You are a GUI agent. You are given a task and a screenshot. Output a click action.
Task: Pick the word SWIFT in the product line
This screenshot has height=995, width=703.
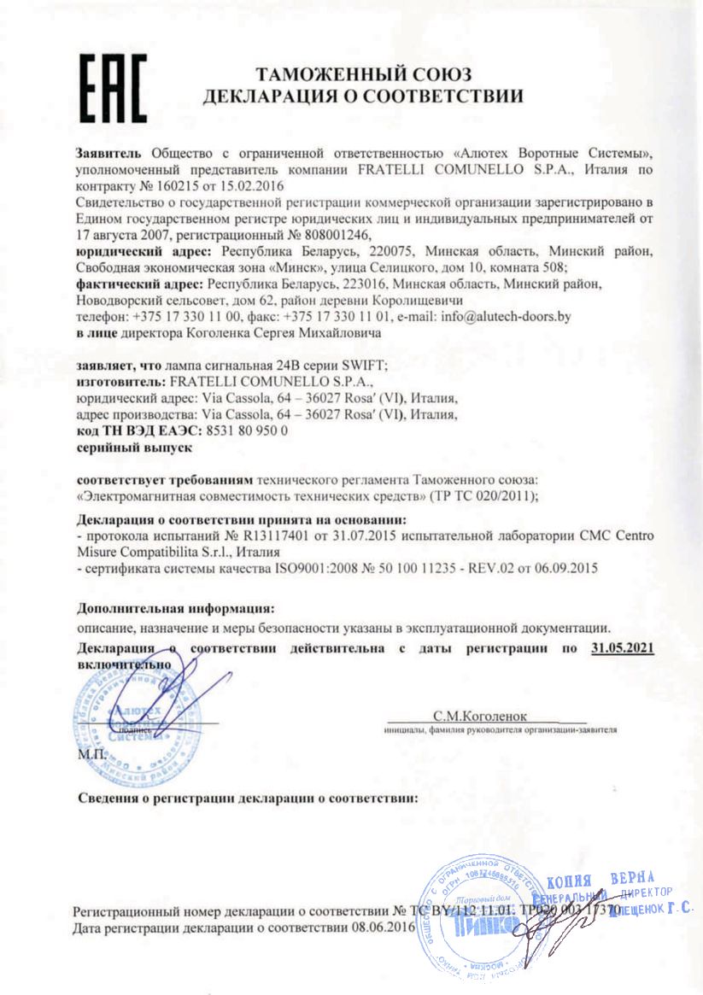(366, 365)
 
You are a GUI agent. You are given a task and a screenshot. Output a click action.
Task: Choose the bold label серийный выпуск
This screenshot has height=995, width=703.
(133, 447)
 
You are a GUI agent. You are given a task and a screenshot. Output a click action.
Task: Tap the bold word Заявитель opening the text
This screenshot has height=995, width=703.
(110, 153)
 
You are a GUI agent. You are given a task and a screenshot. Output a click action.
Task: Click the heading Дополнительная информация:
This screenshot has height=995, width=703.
(175, 609)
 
